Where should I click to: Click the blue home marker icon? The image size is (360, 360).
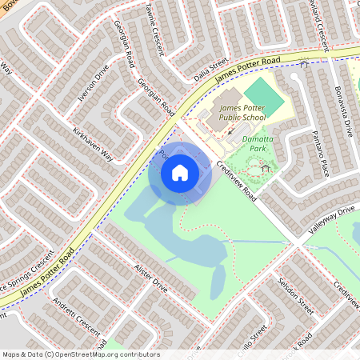[180, 172]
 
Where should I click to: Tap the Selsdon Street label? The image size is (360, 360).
[295, 294]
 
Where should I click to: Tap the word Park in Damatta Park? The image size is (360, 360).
[258, 148]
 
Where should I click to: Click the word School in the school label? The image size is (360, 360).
[254, 118]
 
